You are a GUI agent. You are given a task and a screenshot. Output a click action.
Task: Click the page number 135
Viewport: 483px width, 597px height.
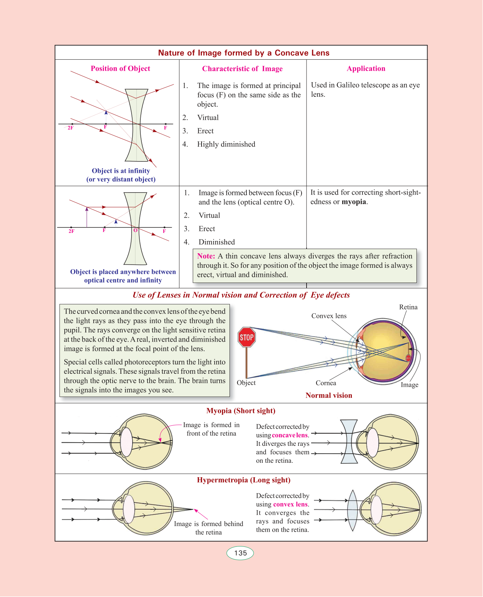coord(240,553)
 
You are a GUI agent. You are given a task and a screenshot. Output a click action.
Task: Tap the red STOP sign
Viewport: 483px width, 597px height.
coord(246,337)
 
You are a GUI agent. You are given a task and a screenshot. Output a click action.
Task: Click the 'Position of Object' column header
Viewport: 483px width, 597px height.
coord(120,69)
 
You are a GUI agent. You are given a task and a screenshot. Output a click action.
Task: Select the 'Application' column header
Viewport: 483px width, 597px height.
coord(366,69)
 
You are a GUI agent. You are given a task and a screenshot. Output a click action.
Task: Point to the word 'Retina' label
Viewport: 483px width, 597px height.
coord(408,307)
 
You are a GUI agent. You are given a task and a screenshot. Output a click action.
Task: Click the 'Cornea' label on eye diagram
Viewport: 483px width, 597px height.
coord(326,383)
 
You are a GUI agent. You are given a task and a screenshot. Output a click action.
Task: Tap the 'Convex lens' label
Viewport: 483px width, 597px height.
coord(329,316)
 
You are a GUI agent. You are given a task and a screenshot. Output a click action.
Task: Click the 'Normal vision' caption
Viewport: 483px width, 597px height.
coord(329,396)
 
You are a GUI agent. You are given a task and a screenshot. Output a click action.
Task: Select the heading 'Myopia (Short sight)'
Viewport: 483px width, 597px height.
coord(241,411)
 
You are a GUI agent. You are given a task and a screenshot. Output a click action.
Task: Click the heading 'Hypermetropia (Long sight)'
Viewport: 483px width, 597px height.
coord(244,480)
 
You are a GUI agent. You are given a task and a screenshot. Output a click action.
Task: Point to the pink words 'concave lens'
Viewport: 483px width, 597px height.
coord(290,435)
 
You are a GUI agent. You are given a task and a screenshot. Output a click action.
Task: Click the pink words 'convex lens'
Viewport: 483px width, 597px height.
coord(290,504)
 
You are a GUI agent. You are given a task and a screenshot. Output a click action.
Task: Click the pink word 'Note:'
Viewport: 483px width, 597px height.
coord(206,256)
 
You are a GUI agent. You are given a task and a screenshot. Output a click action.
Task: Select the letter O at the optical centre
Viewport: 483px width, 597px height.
coord(135,230)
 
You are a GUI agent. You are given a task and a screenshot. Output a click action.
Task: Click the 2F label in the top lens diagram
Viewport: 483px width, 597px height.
coord(70,128)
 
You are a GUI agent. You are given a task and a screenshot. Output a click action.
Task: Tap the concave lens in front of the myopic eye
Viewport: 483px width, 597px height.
coord(349,442)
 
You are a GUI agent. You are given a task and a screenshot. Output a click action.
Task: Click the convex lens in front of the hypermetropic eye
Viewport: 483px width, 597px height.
coord(353,510)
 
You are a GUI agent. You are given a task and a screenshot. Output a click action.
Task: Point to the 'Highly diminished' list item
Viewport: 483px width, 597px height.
coord(226,144)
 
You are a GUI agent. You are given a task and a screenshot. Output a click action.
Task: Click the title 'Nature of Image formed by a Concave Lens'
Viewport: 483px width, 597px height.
coord(244,53)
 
